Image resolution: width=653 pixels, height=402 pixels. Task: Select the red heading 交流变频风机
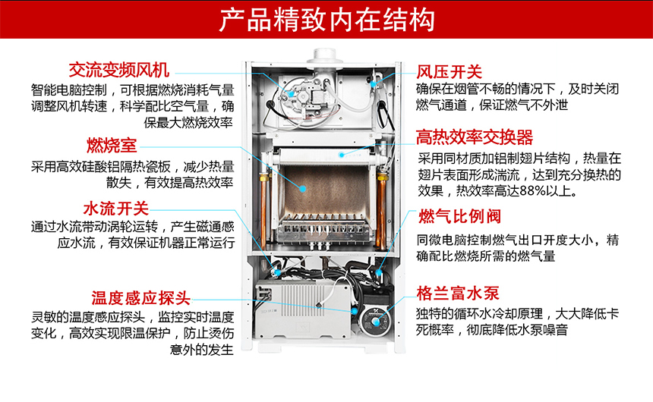point(118,70)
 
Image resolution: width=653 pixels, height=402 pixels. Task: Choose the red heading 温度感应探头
point(140,297)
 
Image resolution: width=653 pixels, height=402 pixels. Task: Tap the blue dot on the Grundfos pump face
point(355,309)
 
